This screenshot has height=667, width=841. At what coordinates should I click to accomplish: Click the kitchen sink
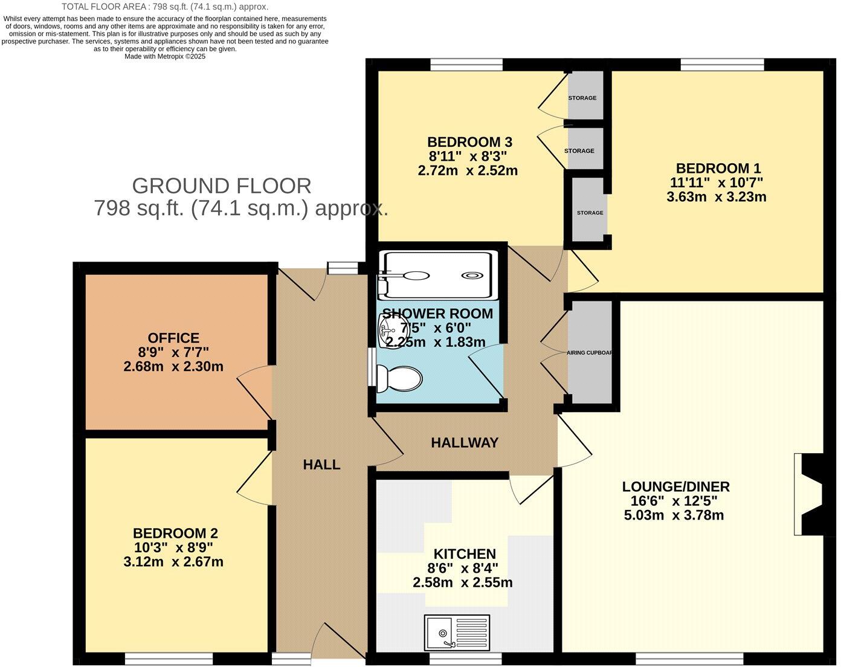coord(457,633)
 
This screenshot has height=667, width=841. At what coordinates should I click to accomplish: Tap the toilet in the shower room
coord(399,379)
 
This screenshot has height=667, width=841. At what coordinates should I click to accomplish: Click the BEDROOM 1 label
coord(718,168)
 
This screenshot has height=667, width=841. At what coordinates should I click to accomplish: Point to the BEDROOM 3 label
coord(469,142)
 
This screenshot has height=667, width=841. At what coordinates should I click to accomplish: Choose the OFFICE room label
coord(173,338)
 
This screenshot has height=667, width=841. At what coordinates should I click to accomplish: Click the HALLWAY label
coord(465,443)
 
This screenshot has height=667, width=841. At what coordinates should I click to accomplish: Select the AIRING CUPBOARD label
coord(589,353)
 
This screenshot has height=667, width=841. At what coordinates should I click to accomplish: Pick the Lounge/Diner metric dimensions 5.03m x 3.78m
coord(674,515)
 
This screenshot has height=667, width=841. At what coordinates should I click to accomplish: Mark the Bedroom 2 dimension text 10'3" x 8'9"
coord(173,547)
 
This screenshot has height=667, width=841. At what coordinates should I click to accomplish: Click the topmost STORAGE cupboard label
coord(582,98)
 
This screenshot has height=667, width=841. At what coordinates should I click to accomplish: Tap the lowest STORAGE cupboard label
coord(590,213)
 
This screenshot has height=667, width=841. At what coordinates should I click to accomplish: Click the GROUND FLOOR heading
coord(222,185)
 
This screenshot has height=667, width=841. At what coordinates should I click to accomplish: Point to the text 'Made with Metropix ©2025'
coord(165,56)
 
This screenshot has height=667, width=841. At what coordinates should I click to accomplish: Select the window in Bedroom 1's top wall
coord(722,65)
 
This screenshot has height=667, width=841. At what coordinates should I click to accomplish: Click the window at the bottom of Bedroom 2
coord(169,658)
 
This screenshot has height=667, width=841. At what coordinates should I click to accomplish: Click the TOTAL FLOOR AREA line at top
coord(165,7)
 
